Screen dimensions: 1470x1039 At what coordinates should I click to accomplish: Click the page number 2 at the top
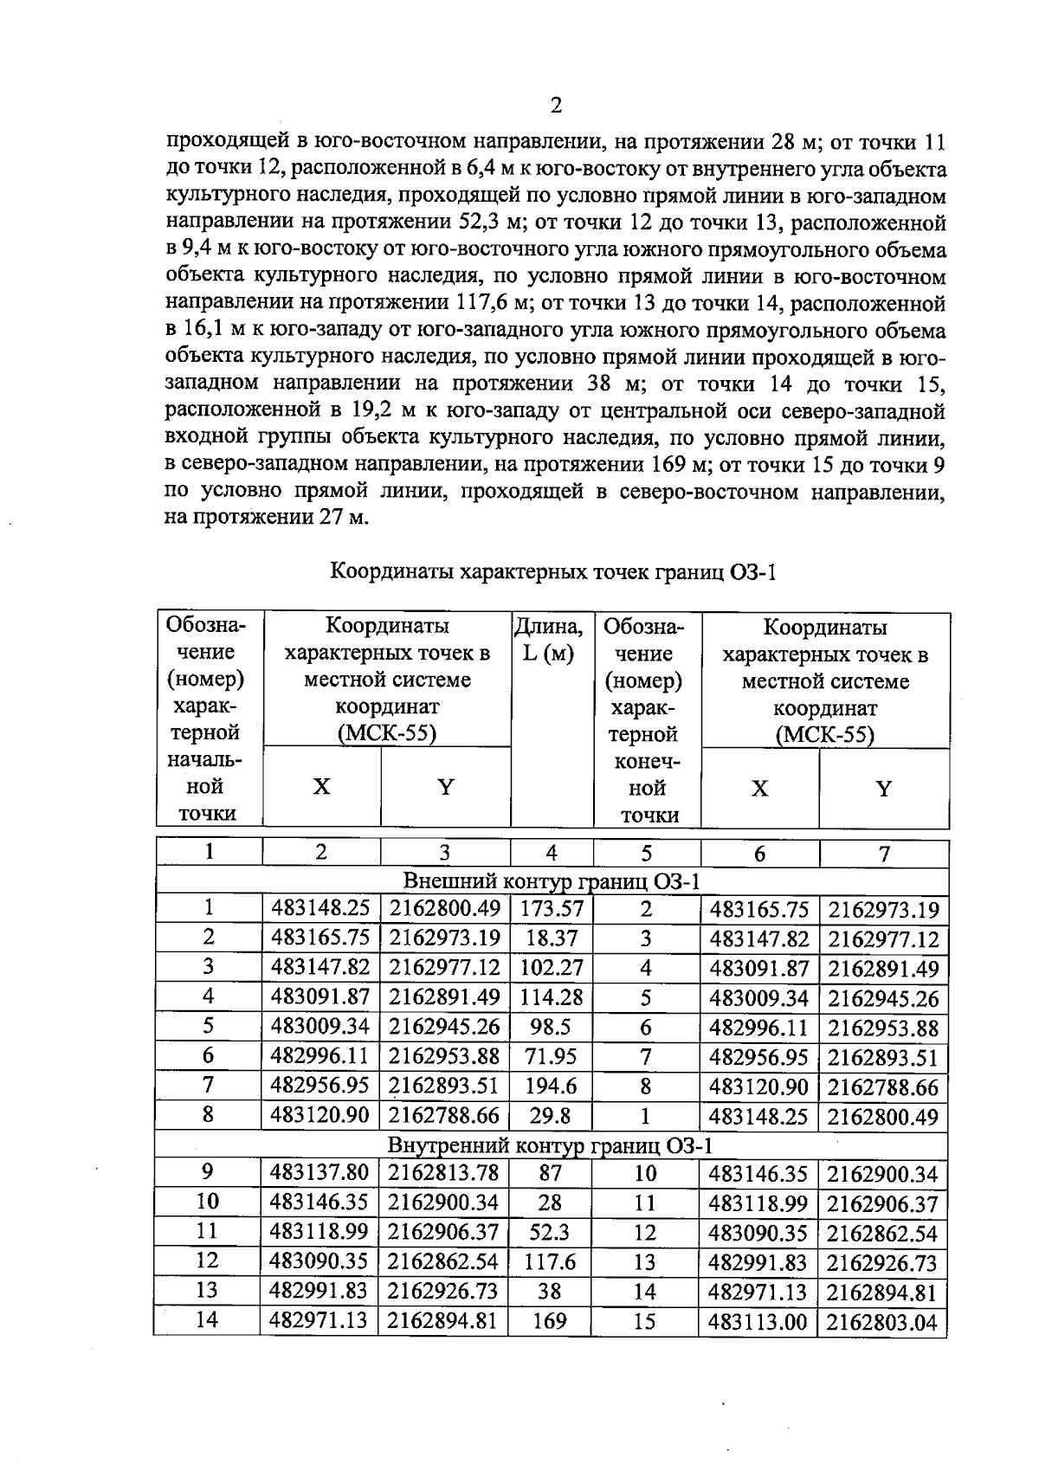[556, 106]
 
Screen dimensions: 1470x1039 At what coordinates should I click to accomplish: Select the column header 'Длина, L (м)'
[549, 640]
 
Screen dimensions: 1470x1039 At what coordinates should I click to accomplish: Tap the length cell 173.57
[552, 909]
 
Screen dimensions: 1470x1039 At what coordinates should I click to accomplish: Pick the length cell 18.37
[552, 938]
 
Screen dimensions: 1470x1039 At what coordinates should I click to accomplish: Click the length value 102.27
[552, 968]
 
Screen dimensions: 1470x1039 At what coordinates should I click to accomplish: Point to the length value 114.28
[552, 997]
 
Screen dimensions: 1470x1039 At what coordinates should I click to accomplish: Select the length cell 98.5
[552, 1027]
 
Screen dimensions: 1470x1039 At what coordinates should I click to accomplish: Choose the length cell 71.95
[552, 1056]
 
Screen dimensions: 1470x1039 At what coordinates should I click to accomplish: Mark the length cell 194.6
[552, 1086]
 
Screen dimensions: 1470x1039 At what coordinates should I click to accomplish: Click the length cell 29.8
[552, 1115]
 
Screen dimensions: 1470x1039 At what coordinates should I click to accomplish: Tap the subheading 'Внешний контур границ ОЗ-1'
[552, 881]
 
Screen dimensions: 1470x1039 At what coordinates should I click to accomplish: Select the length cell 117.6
[551, 1261]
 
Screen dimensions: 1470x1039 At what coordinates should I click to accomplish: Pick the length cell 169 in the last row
[550, 1321]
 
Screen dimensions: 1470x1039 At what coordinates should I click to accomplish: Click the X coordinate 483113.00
[758, 1322]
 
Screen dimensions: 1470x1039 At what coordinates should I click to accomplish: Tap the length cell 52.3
[551, 1232]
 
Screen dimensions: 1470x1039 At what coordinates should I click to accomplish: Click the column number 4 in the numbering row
[552, 853]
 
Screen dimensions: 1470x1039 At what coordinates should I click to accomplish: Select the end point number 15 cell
[645, 1322]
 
